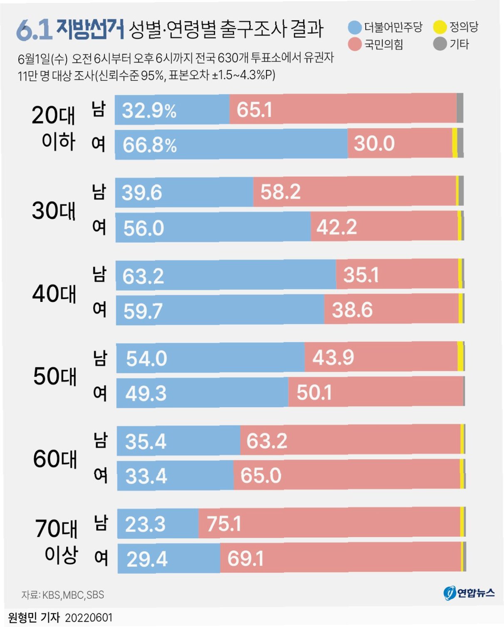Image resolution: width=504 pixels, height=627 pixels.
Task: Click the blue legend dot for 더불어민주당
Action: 355,28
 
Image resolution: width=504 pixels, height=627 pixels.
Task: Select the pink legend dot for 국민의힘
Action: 355,44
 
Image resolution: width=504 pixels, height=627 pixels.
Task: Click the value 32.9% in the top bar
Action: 149,111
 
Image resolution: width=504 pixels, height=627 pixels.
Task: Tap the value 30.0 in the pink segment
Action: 374,143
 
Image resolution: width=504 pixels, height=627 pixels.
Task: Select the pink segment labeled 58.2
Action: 354,191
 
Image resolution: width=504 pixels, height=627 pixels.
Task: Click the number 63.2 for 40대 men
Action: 143,276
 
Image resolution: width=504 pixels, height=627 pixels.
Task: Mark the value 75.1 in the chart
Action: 224,523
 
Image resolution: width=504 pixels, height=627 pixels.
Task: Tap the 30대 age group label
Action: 54,210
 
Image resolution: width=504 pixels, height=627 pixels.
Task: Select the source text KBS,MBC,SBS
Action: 73,595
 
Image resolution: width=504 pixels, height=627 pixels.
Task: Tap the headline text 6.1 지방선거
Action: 70,30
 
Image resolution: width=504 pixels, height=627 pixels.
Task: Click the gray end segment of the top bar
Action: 460,108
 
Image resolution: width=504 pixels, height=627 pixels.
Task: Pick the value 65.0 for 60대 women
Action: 261,476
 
